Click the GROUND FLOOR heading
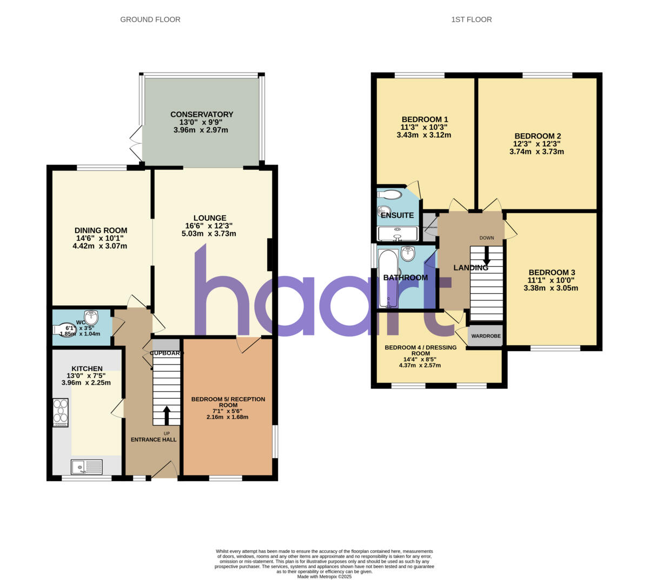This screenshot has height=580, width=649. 150,19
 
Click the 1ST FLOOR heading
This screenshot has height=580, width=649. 471,19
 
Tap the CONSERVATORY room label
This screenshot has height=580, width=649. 202,115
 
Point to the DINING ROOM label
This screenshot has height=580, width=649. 101,230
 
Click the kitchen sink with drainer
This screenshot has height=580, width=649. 87,466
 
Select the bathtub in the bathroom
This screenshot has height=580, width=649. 387,278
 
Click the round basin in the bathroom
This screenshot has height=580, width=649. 408,253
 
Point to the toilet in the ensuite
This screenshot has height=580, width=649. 390,194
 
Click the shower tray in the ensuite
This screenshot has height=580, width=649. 398,234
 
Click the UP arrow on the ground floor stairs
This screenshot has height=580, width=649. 167,415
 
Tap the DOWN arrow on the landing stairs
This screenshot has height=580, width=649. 487,255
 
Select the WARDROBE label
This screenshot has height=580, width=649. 486,336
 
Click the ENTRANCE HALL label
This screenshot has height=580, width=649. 154,440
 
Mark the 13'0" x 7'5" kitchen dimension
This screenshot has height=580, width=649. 86,376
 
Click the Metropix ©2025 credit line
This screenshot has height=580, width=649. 325,577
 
